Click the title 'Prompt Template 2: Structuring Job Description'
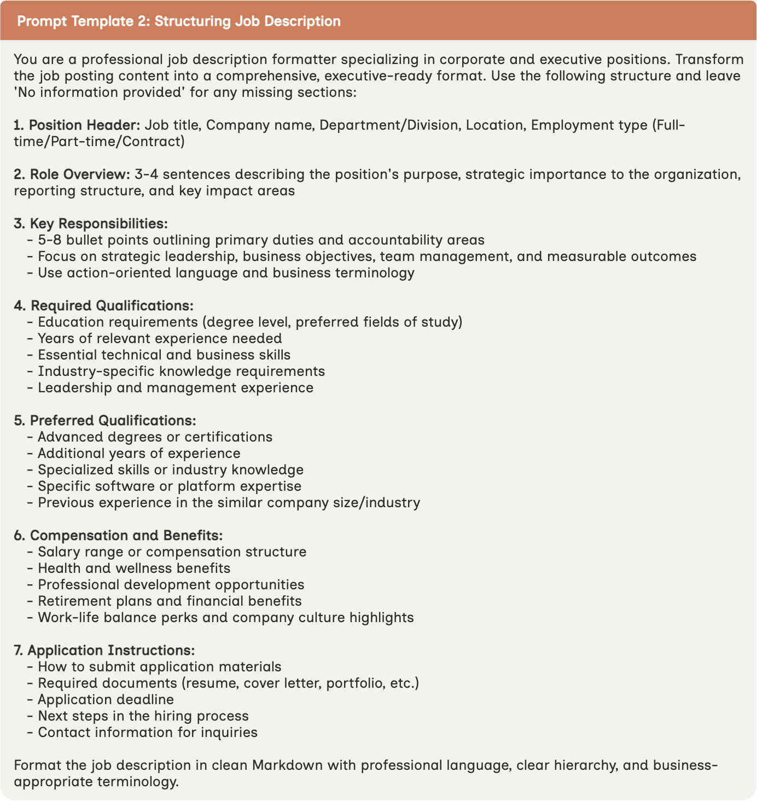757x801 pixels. [x=179, y=21]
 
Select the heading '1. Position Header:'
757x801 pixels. [x=77, y=125]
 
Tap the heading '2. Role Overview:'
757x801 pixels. [x=72, y=175]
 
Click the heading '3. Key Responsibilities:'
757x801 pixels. [x=91, y=224]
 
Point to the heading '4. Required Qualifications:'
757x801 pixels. [x=103, y=306]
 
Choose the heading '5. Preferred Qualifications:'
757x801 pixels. [x=104, y=421]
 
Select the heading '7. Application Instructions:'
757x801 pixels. [x=104, y=651]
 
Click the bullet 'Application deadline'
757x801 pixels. [x=106, y=700]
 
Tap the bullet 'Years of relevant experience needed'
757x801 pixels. [x=160, y=339]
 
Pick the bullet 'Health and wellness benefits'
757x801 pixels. [x=134, y=568]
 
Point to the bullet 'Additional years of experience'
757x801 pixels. [x=139, y=454]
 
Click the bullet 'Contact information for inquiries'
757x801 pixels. [x=148, y=733]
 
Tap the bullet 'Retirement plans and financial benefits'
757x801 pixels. [x=170, y=601]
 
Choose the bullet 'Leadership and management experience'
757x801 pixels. [x=176, y=388]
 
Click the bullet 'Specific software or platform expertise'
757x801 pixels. [x=170, y=486]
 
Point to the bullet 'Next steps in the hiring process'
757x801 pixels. [x=143, y=716]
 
